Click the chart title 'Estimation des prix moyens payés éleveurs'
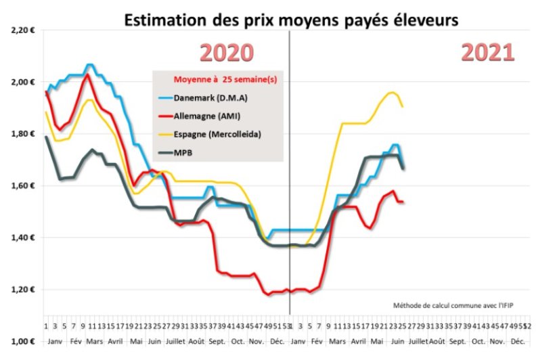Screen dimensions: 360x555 [x=290, y=20]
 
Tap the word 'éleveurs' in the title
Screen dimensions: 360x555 [x=427, y=20]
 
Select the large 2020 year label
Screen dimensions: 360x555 [x=226, y=53]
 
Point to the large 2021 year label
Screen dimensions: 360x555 [x=487, y=52]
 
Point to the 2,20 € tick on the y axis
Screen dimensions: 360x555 [x=22, y=30]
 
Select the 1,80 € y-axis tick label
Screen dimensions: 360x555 [x=22, y=134]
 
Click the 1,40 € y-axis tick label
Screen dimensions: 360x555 [x=22, y=238]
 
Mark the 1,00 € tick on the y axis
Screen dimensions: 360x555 [x=22, y=341]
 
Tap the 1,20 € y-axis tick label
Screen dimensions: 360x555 [x=22, y=290]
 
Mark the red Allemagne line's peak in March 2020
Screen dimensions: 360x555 [x=87, y=74]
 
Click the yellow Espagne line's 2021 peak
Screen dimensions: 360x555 [x=392, y=92]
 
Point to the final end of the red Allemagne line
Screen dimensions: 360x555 [x=403, y=202]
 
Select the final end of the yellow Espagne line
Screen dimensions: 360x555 [x=403, y=106]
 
